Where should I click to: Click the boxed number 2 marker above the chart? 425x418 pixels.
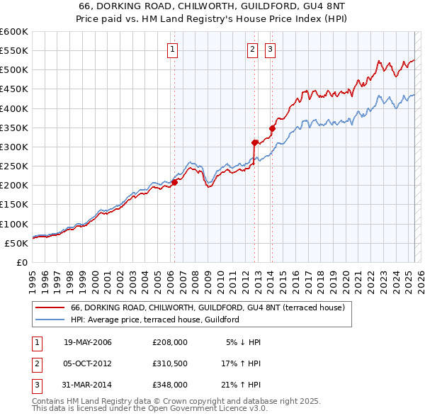click(x=253, y=49)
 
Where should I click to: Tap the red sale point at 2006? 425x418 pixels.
click(x=174, y=182)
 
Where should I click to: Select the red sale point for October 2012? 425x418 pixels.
click(x=254, y=142)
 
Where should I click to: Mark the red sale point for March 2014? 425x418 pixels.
click(x=272, y=128)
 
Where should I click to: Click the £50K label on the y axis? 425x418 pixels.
click(x=16, y=243)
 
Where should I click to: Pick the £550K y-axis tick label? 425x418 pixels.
click(x=14, y=51)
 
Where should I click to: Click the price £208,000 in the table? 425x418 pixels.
click(x=169, y=342)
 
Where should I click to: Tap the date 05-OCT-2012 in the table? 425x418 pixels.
click(x=87, y=363)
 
